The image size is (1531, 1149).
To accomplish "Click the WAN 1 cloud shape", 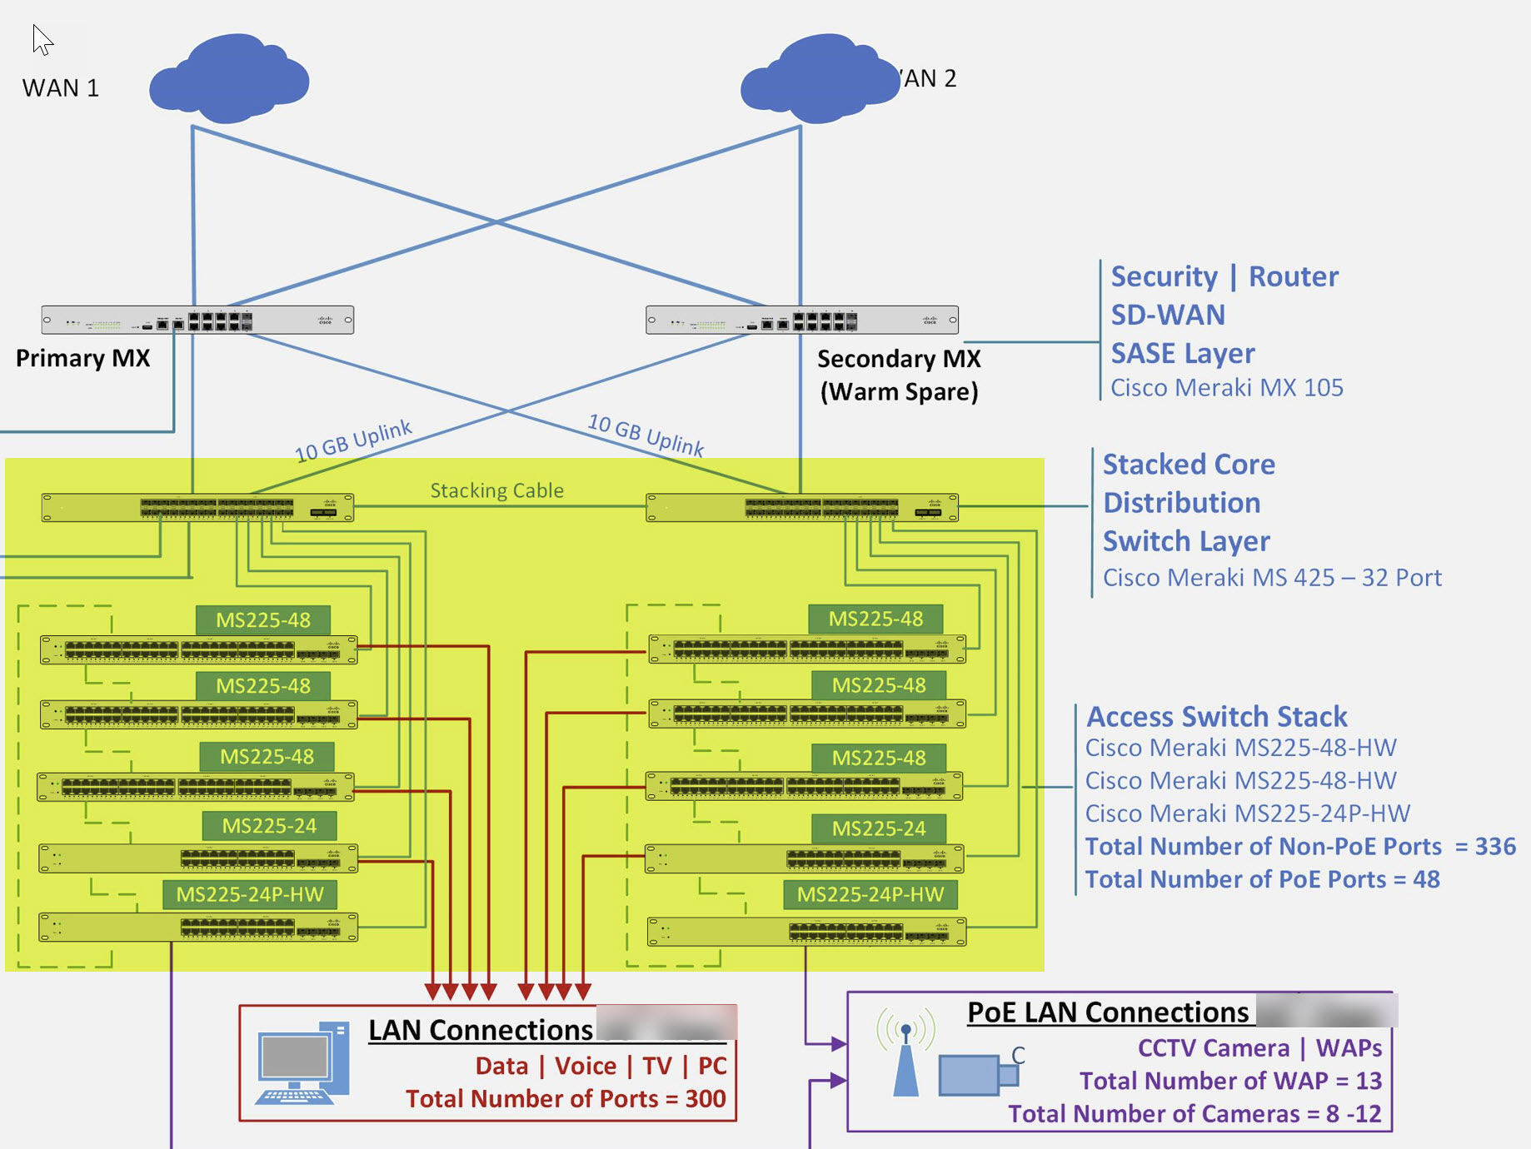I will [x=230, y=79].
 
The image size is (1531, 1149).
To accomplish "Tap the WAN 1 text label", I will [x=61, y=88].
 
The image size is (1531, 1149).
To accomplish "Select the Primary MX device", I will [x=197, y=320].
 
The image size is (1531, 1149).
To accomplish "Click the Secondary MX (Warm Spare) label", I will [x=899, y=375].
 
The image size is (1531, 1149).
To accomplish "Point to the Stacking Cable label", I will [x=496, y=491].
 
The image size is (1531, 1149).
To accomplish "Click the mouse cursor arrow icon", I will [x=42, y=39].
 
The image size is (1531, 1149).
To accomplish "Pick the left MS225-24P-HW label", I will [x=250, y=895].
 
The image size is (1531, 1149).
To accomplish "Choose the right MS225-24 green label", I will [x=879, y=828].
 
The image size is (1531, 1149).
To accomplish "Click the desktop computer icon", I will [x=302, y=1064].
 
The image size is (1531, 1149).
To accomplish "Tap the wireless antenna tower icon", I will [x=905, y=1053].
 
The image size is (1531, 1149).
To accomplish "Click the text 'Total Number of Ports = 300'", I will [x=566, y=1099].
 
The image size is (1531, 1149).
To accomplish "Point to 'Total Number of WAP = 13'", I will [x=1230, y=1081].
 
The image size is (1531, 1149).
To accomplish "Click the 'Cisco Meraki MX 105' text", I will [x=1226, y=388].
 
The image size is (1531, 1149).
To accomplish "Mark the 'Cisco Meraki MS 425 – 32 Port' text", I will [x=1272, y=578].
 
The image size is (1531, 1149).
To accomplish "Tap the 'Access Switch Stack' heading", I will [x=1217, y=717].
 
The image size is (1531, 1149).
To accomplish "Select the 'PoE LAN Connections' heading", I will [x=1108, y=1012].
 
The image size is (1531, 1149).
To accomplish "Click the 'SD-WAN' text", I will [x=1168, y=316].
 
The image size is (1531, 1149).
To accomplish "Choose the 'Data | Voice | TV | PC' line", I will [x=601, y=1067].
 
